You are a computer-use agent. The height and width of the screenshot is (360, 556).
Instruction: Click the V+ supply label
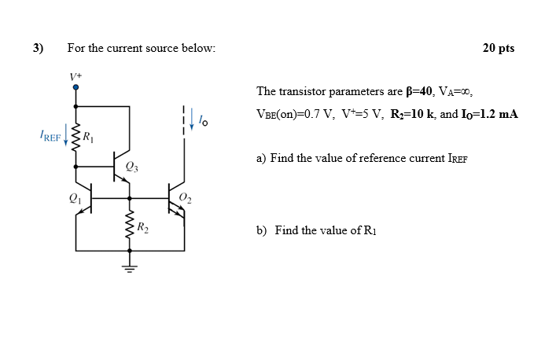coord(75,76)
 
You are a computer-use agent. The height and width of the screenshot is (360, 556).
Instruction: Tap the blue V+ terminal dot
coord(75,89)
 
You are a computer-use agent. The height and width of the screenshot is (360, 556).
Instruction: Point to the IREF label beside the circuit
coord(51,138)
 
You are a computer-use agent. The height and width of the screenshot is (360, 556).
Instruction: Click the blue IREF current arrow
coord(66,138)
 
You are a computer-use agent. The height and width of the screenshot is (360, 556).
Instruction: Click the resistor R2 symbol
coord(130,227)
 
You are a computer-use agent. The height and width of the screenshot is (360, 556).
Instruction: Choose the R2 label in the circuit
coord(142,229)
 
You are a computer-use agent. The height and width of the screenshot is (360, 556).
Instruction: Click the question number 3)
coord(38,48)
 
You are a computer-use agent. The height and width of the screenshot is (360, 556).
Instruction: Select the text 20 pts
coord(498,48)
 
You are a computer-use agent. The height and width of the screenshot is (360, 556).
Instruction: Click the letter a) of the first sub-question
coord(261,158)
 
